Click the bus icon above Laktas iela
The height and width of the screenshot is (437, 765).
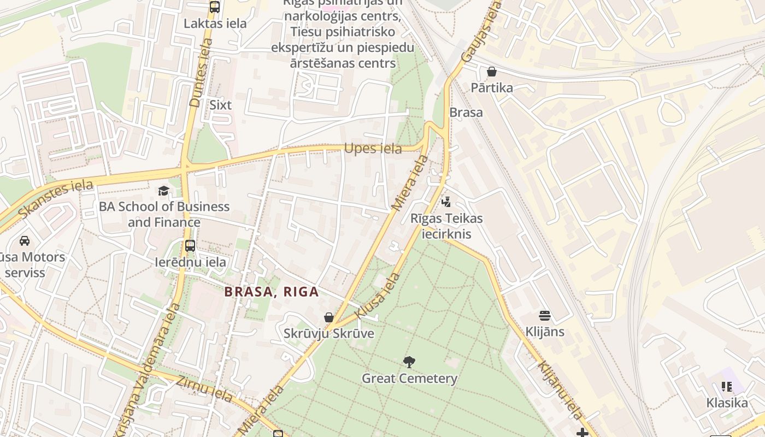(x=215, y=7)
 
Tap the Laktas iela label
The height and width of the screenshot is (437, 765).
(x=215, y=23)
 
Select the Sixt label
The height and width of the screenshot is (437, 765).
(x=221, y=105)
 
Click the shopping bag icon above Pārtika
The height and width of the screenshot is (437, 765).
(x=492, y=72)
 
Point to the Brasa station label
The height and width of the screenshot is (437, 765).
(x=466, y=113)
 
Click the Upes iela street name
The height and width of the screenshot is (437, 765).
(x=373, y=149)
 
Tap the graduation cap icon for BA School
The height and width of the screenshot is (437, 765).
(x=163, y=191)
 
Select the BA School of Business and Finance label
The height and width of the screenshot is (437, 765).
(x=164, y=214)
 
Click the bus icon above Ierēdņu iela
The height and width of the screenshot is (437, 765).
(x=190, y=246)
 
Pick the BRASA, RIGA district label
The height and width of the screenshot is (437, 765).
(x=272, y=292)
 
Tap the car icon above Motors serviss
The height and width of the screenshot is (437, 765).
(x=25, y=240)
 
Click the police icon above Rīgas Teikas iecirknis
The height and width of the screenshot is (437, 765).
(x=446, y=202)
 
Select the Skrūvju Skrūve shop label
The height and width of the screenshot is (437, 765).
(x=328, y=333)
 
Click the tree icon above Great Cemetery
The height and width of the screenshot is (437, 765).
(x=409, y=362)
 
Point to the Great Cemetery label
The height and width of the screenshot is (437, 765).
(x=409, y=378)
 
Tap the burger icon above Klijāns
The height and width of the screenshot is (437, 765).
(x=545, y=316)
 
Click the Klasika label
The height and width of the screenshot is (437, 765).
(x=727, y=403)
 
